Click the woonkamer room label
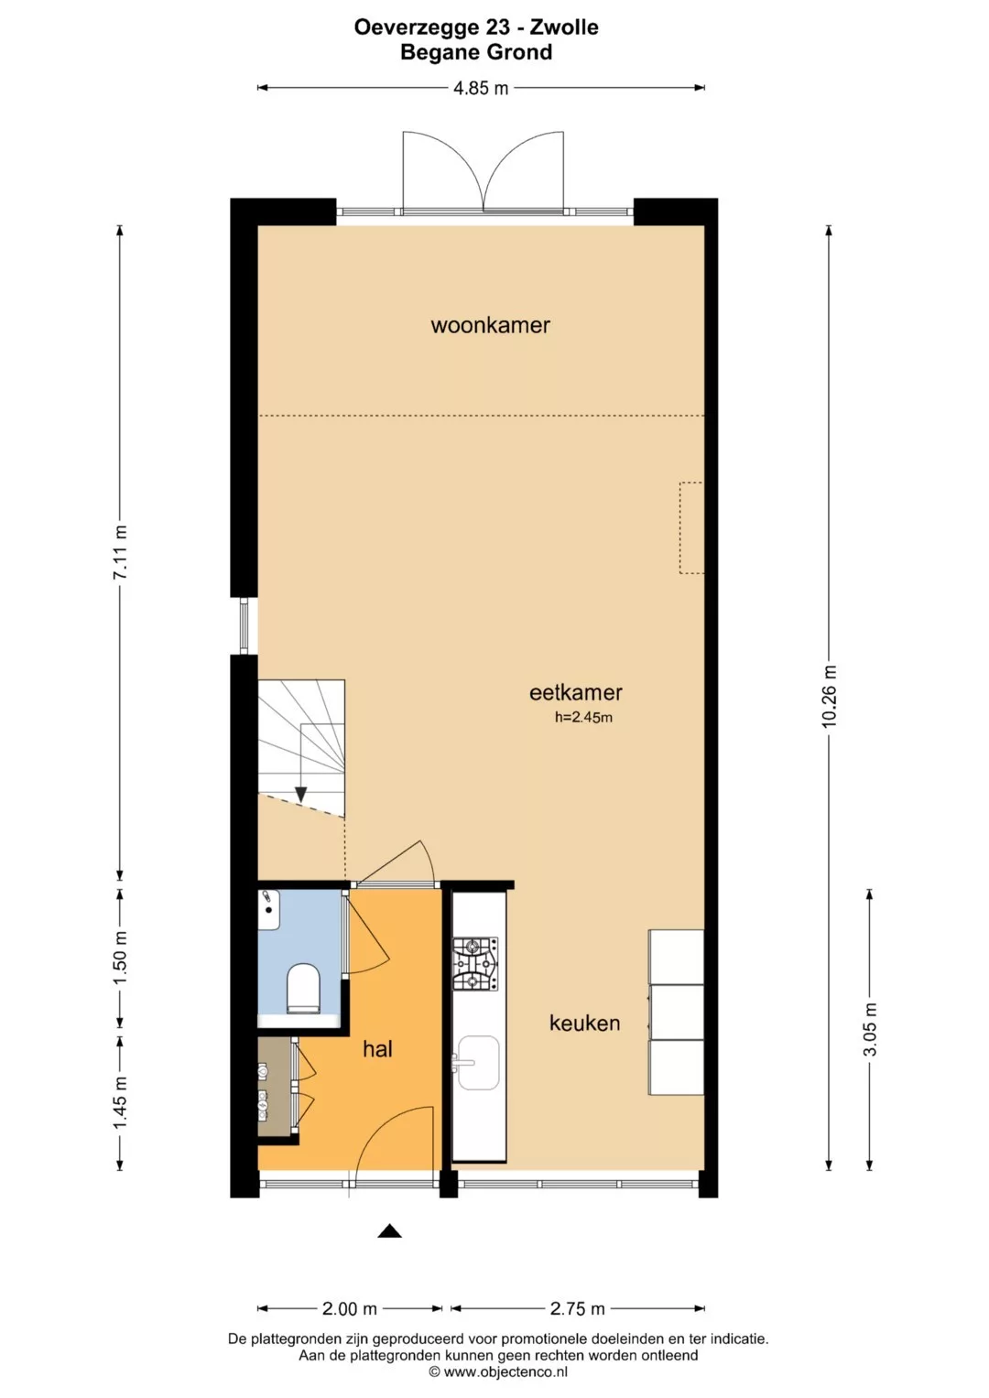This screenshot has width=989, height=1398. pyautogui.click(x=490, y=325)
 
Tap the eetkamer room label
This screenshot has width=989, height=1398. pyautogui.click(x=576, y=692)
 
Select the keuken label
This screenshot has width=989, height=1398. pyautogui.click(x=584, y=1023)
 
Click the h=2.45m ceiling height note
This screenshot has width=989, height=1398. pyautogui.click(x=584, y=717)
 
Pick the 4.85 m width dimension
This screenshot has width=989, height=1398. pyautogui.click(x=481, y=88)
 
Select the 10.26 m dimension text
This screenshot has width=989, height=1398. pyautogui.click(x=829, y=697)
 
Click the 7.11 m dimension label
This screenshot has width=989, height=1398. pyautogui.click(x=120, y=552)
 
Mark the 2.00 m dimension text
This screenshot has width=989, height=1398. pyautogui.click(x=350, y=1308)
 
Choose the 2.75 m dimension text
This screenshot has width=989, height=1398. pyautogui.click(x=578, y=1308)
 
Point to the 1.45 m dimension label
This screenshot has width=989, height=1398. pyautogui.click(x=120, y=1102)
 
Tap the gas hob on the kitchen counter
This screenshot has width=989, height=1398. pyautogui.click(x=475, y=964)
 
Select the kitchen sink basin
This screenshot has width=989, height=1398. pyautogui.click(x=478, y=1064)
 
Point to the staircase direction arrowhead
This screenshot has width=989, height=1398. pyautogui.click(x=301, y=795)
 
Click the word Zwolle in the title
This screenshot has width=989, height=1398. pyautogui.click(x=564, y=27)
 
